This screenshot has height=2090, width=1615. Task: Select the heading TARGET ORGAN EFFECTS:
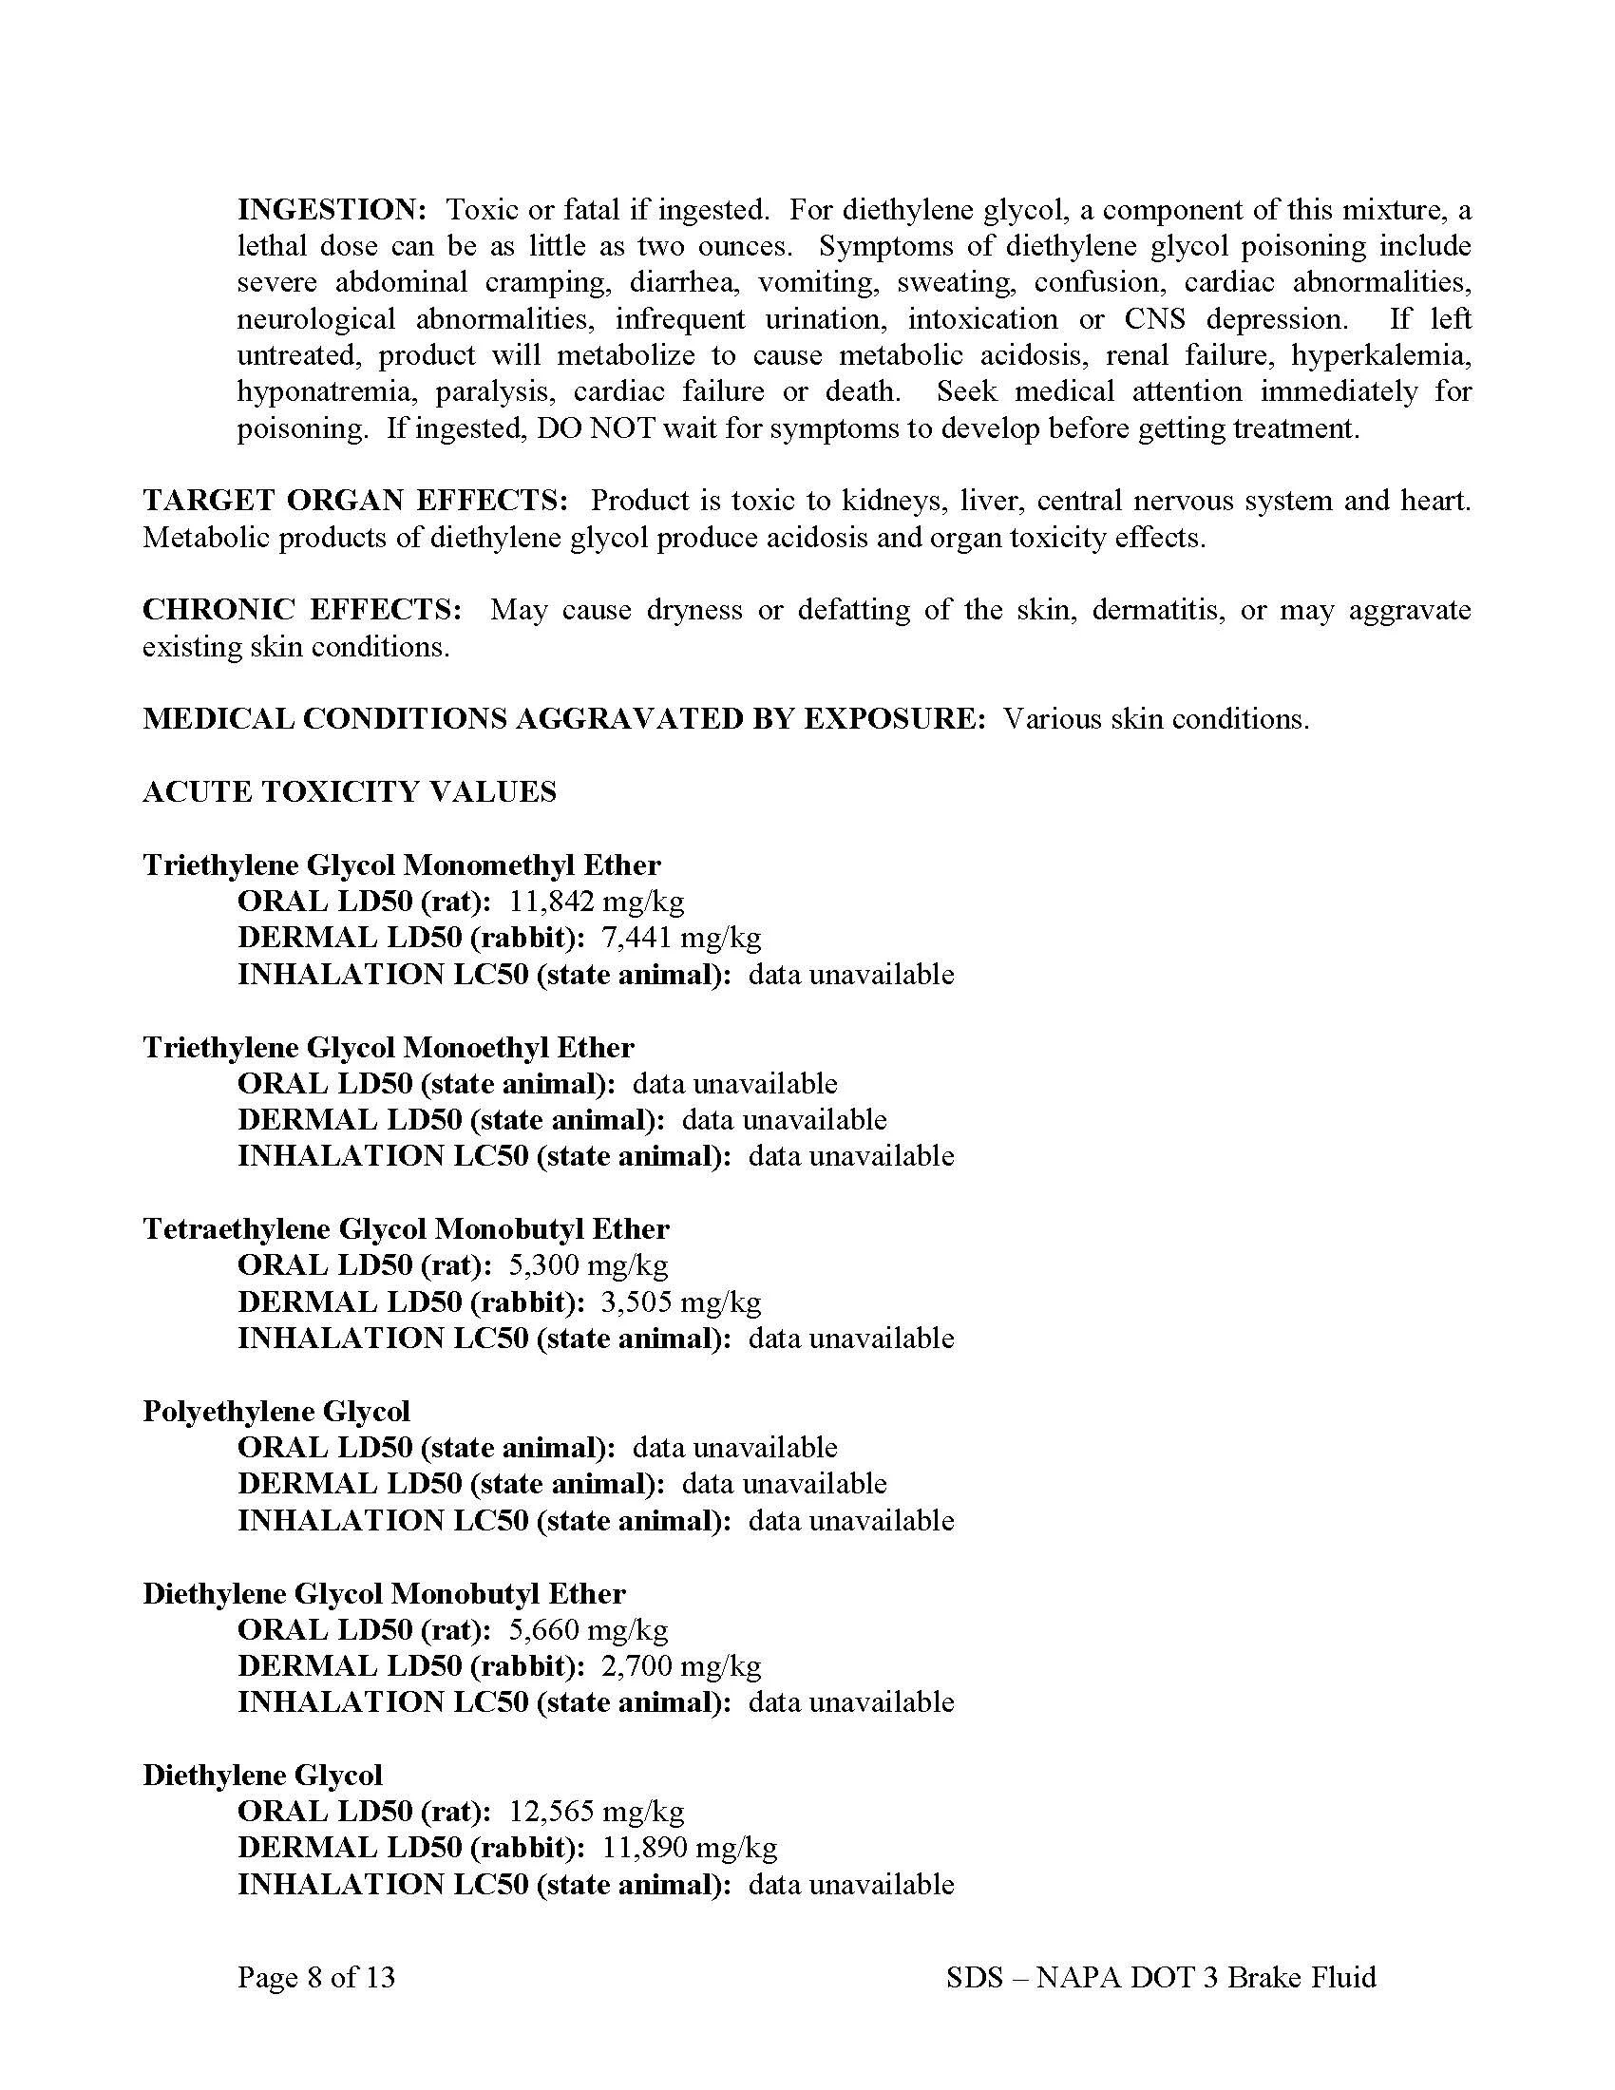pyautogui.click(x=356, y=501)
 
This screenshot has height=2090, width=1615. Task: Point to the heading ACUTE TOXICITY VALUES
pyautogui.click(x=350, y=791)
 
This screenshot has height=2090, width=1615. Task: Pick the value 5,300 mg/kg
pyautogui.click(x=587, y=1264)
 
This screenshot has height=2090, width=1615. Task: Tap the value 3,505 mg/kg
pyautogui.click(x=681, y=1301)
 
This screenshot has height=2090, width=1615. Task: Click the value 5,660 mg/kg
pyautogui.click(x=587, y=1627)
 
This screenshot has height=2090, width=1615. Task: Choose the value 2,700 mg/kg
pyautogui.click(x=681, y=1665)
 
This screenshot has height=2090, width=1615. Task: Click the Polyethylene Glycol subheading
pyautogui.click(x=276, y=1411)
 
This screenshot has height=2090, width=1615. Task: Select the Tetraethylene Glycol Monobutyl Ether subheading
pyautogui.click(x=406, y=1228)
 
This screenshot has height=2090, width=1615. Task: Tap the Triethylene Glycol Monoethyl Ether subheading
pyautogui.click(x=389, y=1047)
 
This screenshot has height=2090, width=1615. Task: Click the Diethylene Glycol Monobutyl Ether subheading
pyautogui.click(x=384, y=1592)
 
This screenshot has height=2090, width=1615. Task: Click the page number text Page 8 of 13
pyautogui.click(x=315, y=1977)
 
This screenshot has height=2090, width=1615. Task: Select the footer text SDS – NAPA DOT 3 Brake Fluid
pyautogui.click(x=1161, y=1977)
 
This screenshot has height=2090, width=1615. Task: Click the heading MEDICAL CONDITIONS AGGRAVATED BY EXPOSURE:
pyautogui.click(x=564, y=719)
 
